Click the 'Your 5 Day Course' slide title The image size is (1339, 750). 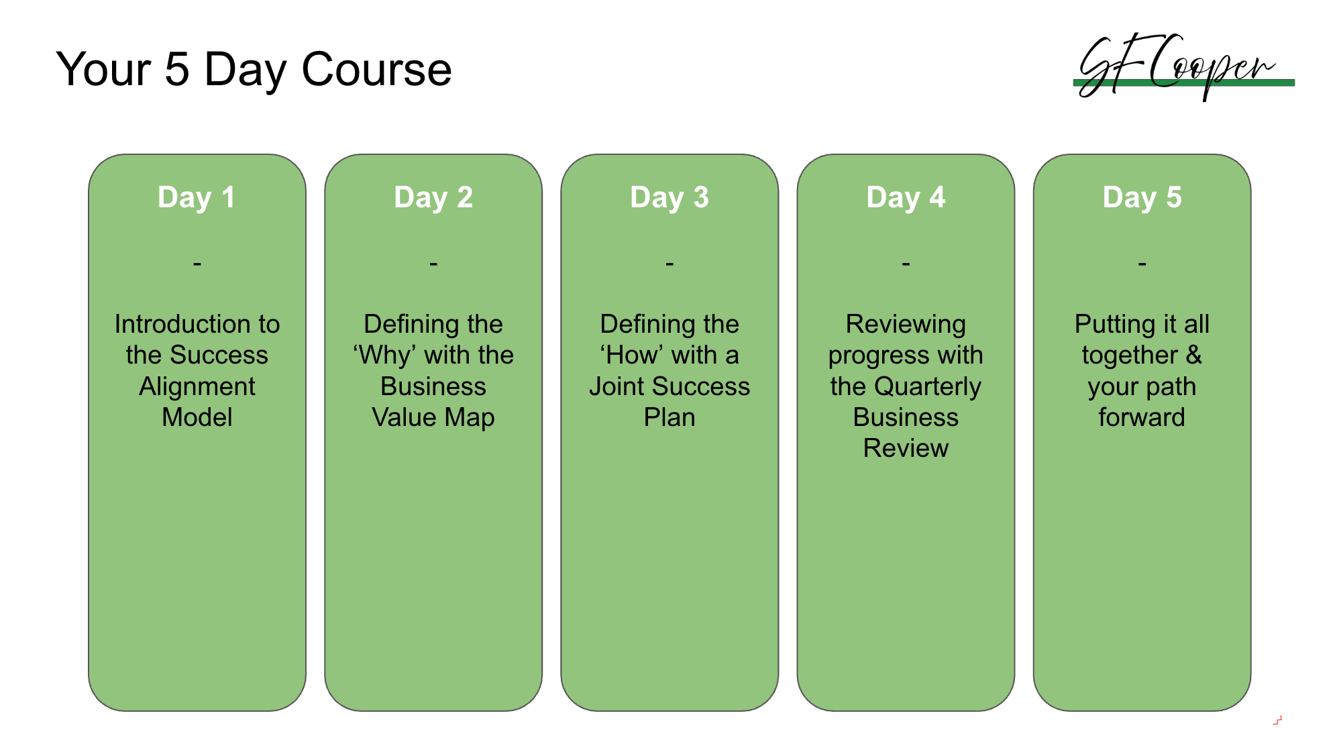point(254,70)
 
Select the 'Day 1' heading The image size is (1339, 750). point(197,198)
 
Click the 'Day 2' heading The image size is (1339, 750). point(433,198)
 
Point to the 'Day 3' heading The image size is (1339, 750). point(669,198)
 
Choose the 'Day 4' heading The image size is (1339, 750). point(906,198)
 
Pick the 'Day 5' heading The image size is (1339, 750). point(1142,198)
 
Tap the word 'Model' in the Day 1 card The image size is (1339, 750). point(197,417)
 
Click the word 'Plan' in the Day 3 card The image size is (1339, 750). point(669,417)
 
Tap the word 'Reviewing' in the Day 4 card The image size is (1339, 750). point(906,325)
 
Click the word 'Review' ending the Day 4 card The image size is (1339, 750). point(906,448)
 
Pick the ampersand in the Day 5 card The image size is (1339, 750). point(1193,356)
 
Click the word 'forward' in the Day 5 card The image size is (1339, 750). point(1142,417)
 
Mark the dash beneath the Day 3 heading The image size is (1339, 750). point(669,264)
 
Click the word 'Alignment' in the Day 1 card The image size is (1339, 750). point(197,387)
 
